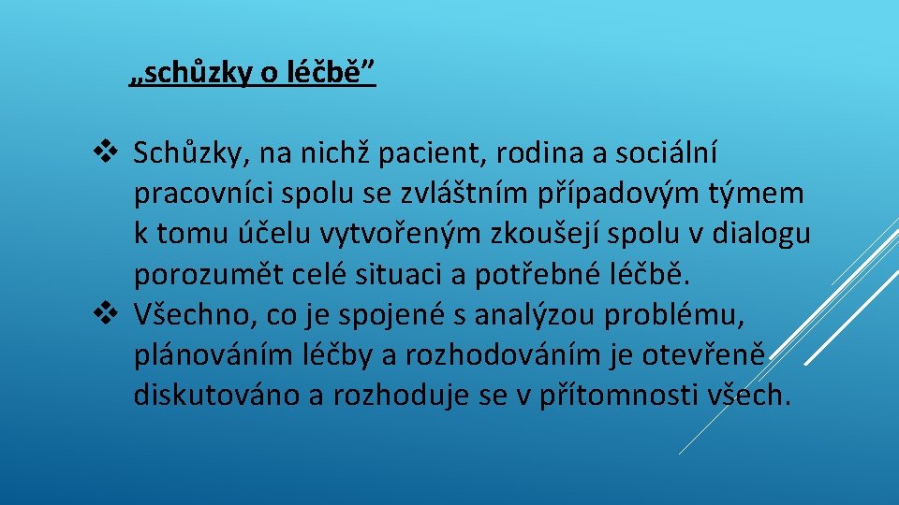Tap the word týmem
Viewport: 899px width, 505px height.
(760, 194)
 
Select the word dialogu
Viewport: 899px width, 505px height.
(761, 234)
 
